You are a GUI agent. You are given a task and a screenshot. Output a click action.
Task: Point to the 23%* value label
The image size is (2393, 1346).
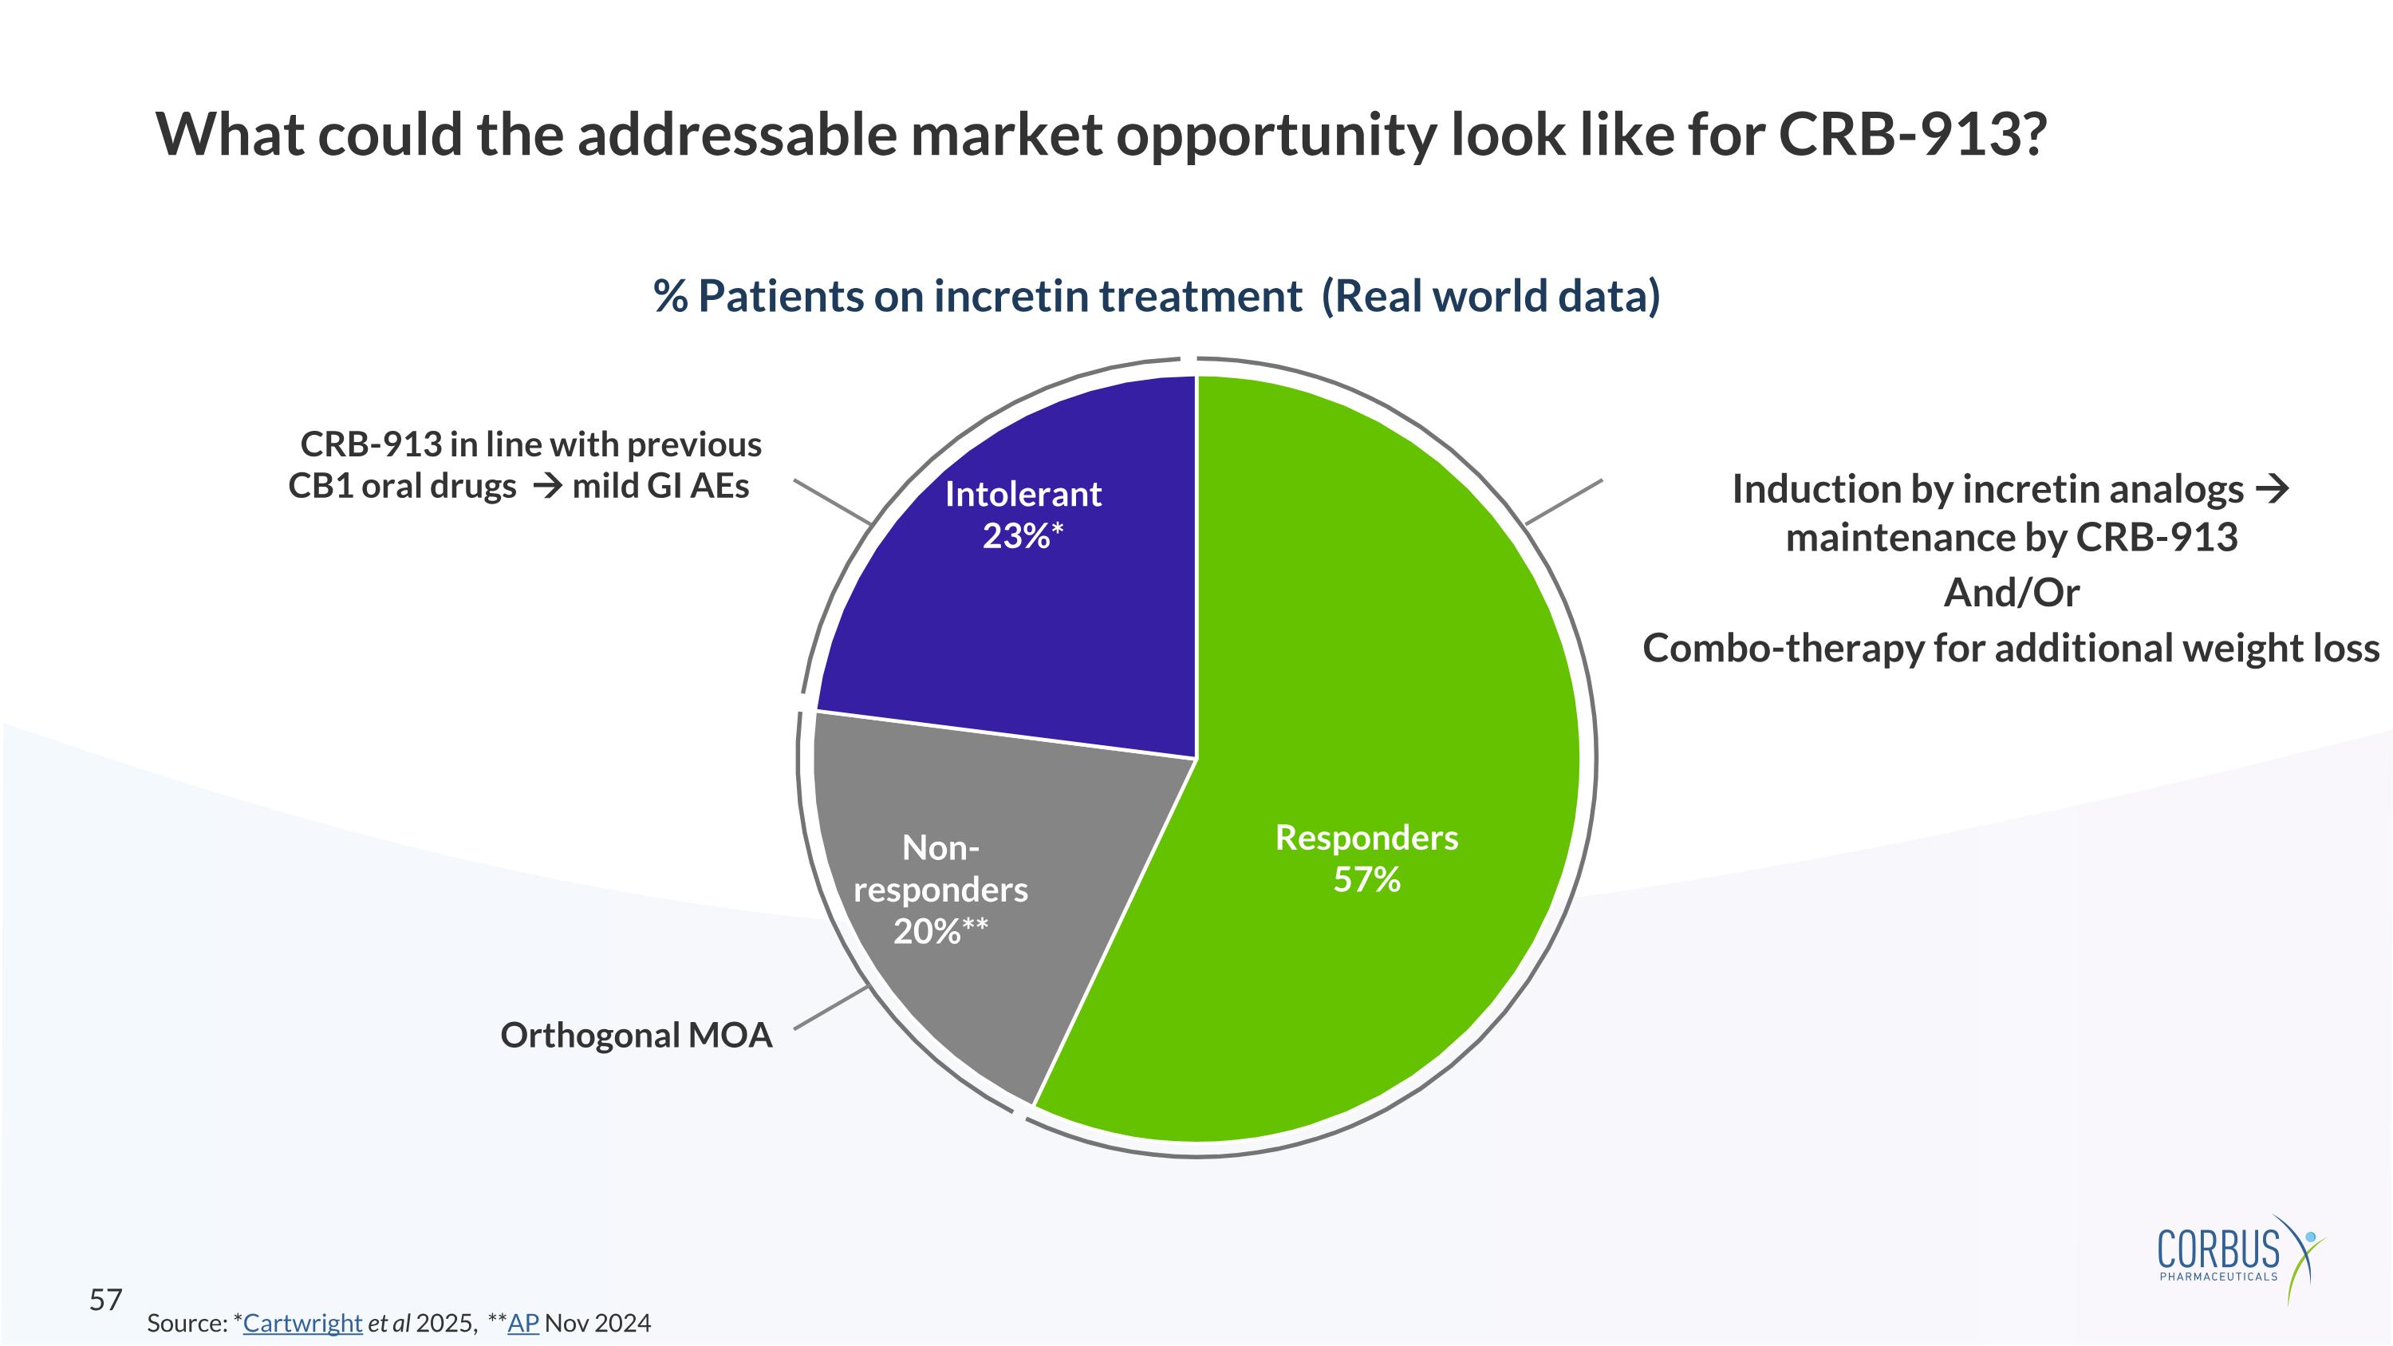1022,536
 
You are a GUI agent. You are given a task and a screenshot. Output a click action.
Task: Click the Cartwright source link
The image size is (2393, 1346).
302,1323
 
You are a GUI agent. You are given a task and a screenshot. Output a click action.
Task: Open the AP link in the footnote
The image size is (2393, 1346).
523,1323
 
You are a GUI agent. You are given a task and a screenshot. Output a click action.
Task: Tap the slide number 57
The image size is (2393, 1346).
105,1300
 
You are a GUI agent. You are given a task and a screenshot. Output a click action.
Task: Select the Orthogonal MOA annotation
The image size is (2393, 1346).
637,1035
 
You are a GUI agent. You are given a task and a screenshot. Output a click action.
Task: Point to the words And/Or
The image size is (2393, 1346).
2011,593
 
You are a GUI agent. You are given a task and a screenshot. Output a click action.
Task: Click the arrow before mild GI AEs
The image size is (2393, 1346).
547,486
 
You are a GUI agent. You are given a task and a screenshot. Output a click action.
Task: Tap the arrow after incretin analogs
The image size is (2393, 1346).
2273,488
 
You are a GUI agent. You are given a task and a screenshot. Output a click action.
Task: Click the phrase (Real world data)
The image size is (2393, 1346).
1490,296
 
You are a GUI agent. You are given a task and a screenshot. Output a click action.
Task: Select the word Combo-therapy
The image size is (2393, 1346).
1781,649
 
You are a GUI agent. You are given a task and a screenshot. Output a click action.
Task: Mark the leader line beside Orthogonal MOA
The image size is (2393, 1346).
830,1008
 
